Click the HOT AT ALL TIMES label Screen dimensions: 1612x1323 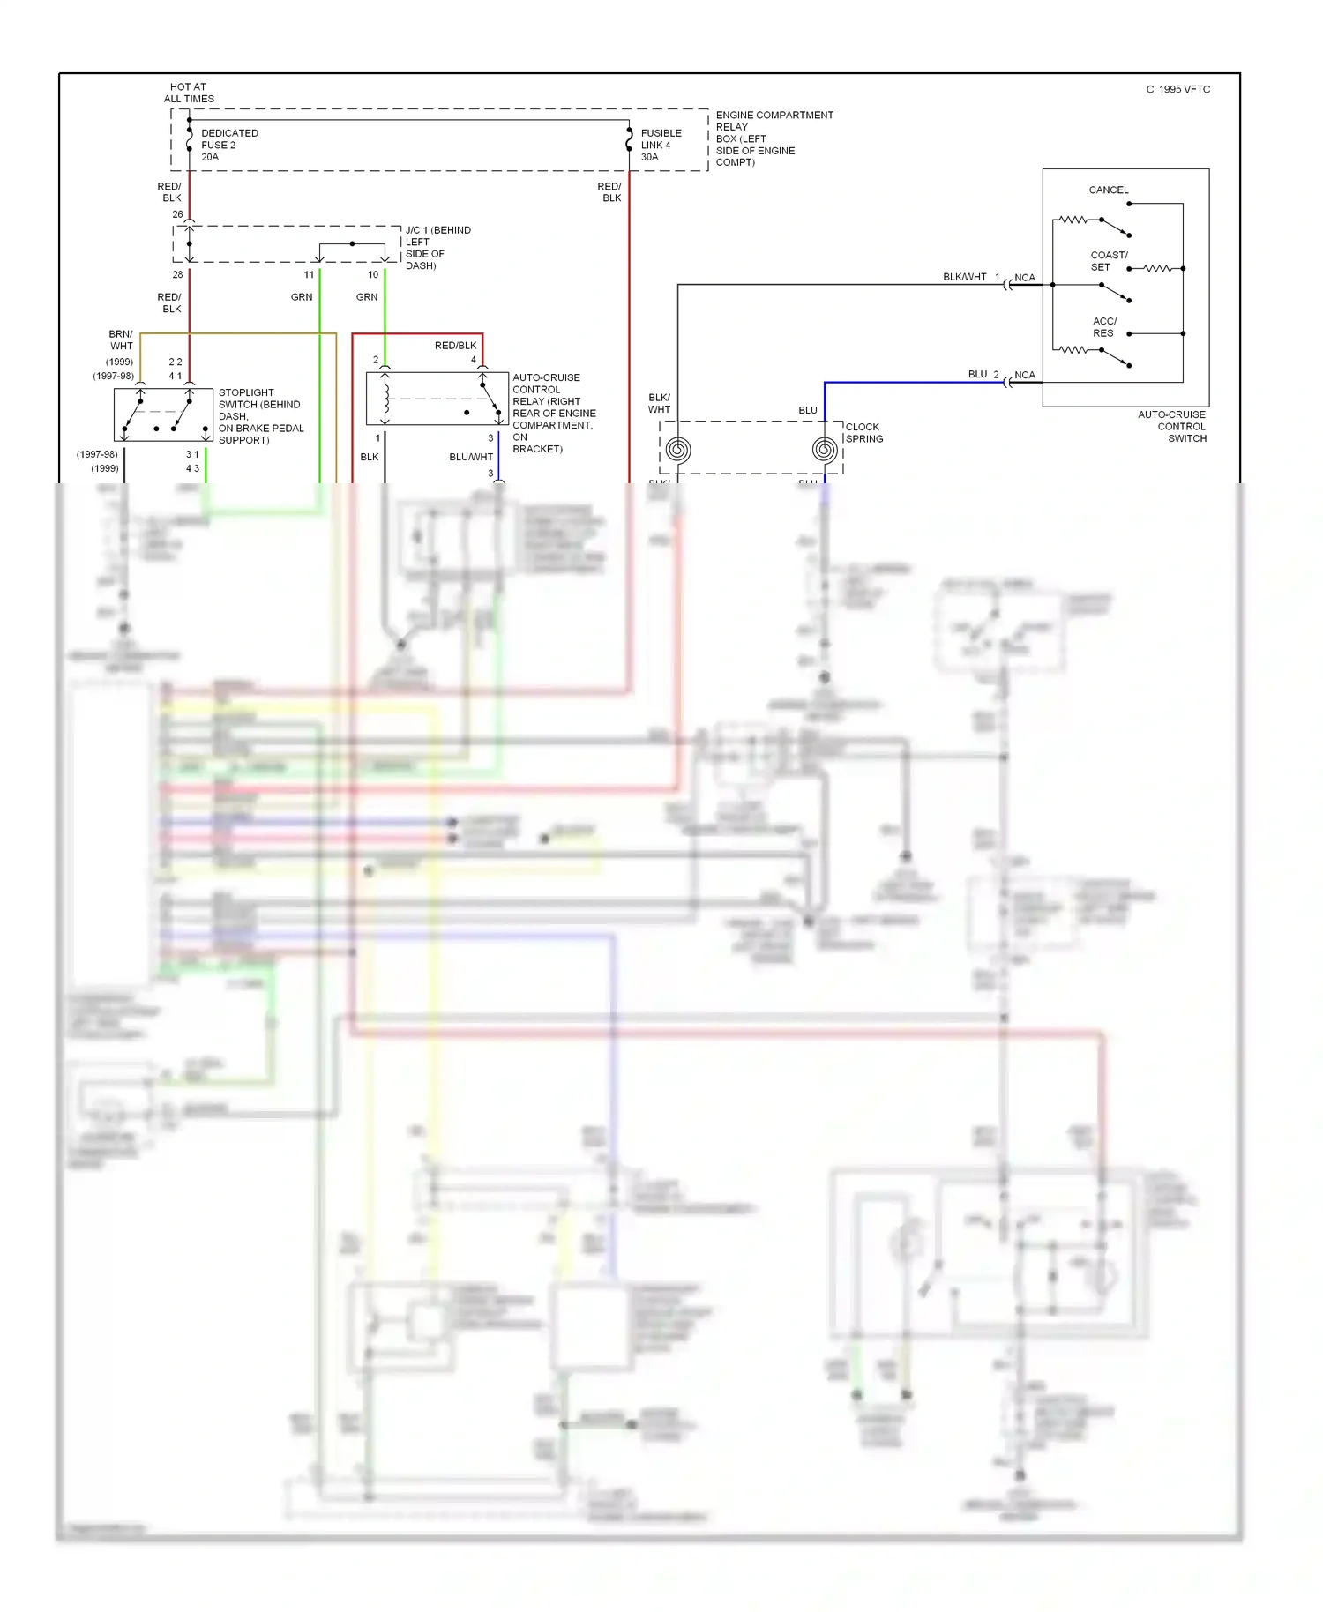pyautogui.click(x=189, y=93)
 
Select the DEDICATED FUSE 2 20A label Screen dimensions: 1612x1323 pyautogui.click(x=228, y=146)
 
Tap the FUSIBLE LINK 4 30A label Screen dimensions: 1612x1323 pyautogui.click(x=661, y=146)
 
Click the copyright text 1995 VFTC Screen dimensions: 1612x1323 pyautogui.click(x=1178, y=90)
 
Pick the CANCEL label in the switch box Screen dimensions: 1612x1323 pyautogui.click(x=1108, y=190)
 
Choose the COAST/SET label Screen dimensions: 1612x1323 pyautogui.click(x=1108, y=261)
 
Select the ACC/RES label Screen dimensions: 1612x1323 pyautogui.click(x=1104, y=327)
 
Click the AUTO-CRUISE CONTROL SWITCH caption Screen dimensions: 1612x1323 pyautogui.click(x=1172, y=427)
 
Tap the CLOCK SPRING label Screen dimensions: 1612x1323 pyautogui.click(x=863, y=433)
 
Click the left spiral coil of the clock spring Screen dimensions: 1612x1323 pyautogui.click(x=677, y=451)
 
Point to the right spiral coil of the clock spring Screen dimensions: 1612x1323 pyautogui.click(x=824, y=451)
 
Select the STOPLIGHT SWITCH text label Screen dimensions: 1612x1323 pyautogui.click(x=260, y=416)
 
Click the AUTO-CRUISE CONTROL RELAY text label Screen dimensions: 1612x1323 pyautogui.click(x=553, y=413)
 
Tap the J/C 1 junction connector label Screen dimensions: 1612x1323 pyautogui.click(x=437, y=248)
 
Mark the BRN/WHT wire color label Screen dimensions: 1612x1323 pyautogui.click(x=121, y=340)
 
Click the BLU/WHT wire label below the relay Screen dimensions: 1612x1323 pyautogui.click(x=470, y=458)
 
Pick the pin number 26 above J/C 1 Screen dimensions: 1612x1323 pyautogui.click(x=177, y=214)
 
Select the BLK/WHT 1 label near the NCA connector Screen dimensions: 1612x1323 pyautogui.click(x=970, y=277)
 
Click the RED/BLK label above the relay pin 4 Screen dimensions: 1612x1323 pyautogui.click(x=455, y=346)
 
